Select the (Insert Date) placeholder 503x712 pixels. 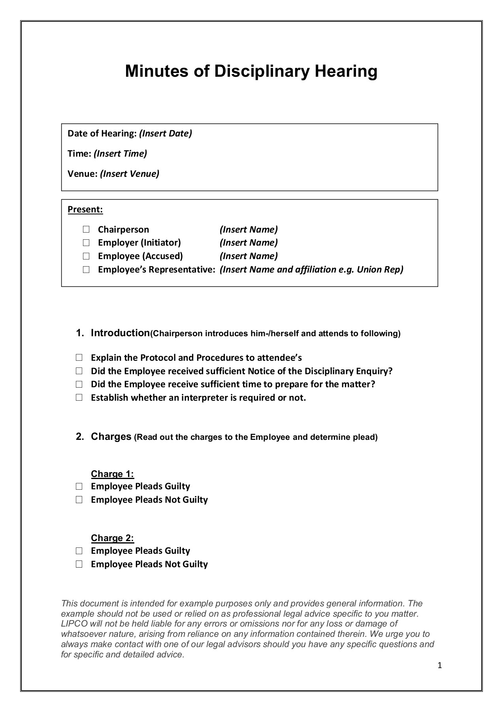point(165,133)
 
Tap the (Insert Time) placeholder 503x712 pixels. point(120,153)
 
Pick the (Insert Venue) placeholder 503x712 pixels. point(130,174)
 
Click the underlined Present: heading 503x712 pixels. point(85,209)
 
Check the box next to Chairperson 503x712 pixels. point(86,229)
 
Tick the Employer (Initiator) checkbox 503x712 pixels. point(86,242)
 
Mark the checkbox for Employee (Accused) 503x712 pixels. point(86,256)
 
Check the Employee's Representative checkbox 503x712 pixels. point(86,270)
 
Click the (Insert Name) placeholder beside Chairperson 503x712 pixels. point(249,229)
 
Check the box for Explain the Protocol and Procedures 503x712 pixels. point(79,358)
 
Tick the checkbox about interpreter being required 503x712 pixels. point(79,398)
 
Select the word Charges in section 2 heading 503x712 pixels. point(111,437)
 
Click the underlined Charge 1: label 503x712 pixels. point(113,474)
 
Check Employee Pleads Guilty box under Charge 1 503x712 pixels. point(79,487)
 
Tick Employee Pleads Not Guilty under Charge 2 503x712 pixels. point(79,564)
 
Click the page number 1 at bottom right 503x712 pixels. point(440,666)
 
